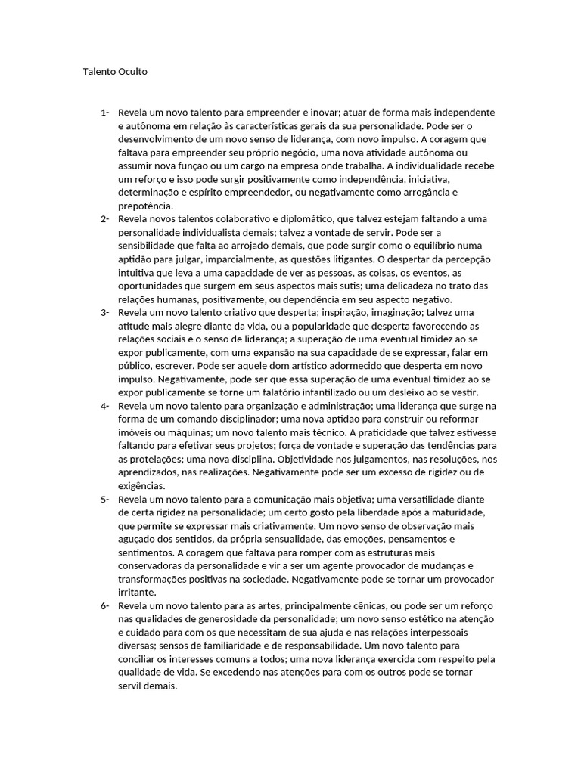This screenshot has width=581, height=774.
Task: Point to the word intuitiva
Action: point(138,273)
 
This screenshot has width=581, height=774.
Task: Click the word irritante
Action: point(138,593)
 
